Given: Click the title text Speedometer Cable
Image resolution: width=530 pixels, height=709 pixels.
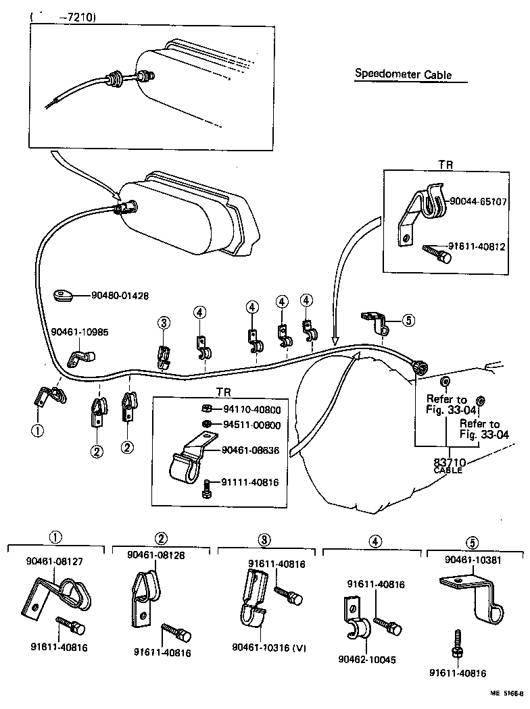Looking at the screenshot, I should point(403,75).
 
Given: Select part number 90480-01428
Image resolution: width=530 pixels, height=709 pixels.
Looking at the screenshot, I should point(120,295).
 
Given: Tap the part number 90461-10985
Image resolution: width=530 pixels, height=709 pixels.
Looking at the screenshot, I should point(79,332).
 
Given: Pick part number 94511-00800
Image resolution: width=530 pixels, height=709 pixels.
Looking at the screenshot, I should point(251,425).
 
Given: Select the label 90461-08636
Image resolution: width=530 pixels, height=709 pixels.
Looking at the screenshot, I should point(251,450).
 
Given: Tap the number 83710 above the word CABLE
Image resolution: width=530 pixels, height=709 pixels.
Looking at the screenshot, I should point(448,462).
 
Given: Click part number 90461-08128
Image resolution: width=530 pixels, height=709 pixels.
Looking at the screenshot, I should point(156,554).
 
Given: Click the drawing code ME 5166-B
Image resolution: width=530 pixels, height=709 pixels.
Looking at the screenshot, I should point(504,693).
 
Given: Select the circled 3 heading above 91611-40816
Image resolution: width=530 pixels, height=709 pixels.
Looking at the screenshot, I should point(265,540).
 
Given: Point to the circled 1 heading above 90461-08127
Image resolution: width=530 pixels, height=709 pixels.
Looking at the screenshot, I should point(55,538).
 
